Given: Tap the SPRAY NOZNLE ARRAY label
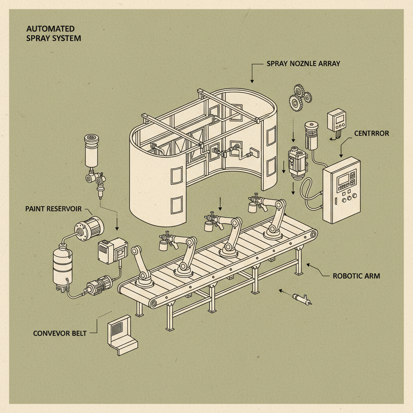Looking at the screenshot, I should pyautogui.click(x=303, y=64).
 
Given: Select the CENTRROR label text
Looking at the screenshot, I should pyautogui.click(x=371, y=133).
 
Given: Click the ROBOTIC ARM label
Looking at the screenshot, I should pyautogui.click(x=356, y=276).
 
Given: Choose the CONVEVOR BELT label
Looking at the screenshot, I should pyautogui.click(x=60, y=334).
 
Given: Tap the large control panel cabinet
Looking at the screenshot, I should pyautogui.click(x=341, y=190).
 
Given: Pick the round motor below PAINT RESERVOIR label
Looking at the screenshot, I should pyautogui.click(x=88, y=228).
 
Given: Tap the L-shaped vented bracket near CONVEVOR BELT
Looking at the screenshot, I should pyautogui.click(x=121, y=335).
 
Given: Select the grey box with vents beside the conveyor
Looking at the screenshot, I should pyautogui.click(x=112, y=250).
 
